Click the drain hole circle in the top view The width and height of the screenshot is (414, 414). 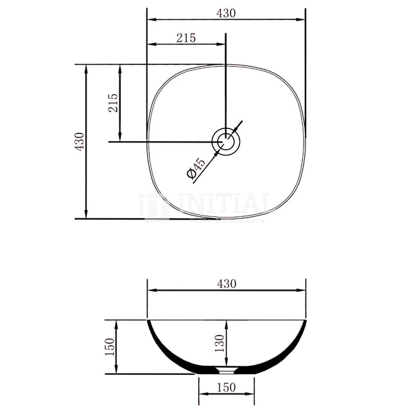coord(226,141)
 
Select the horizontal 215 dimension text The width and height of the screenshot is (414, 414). coord(185,38)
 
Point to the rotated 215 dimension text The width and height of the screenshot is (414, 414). coord(113,103)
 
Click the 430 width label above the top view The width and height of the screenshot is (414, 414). coord(227,13)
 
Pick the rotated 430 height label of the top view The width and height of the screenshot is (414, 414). coord(79,141)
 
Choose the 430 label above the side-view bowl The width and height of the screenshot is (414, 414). coord(227,284)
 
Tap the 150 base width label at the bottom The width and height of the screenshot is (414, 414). coord(226,387)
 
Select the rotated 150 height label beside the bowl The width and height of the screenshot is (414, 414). coord(109,347)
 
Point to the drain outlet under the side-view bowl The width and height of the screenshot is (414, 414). coord(226,371)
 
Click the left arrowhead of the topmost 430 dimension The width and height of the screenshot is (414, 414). coord(151,19)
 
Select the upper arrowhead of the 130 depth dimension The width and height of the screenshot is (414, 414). coord(226,323)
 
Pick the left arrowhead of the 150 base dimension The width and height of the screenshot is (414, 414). coord(202,395)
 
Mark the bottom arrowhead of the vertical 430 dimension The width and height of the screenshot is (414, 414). coord(86,214)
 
